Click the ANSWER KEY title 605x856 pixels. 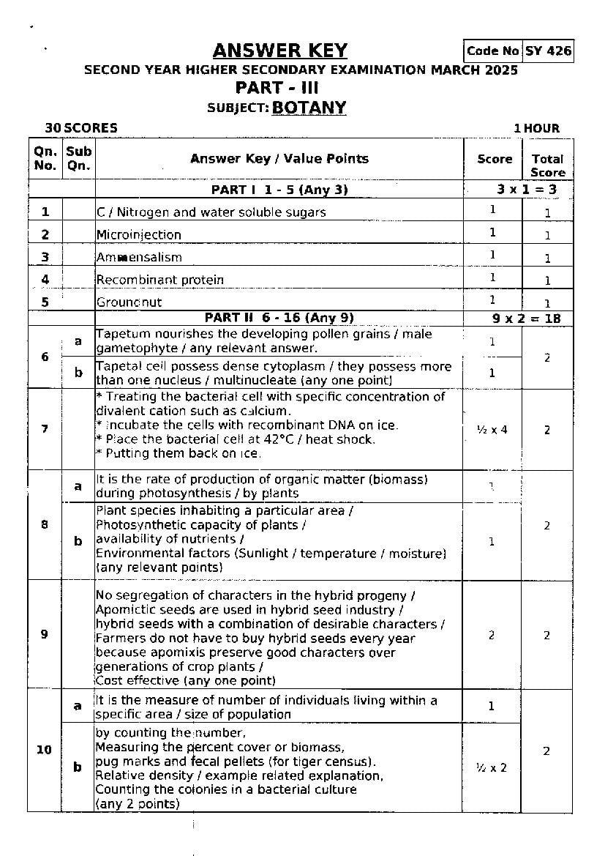(x=279, y=51)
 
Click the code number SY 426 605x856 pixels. (x=548, y=51)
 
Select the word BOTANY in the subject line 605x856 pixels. (x=309, y=108)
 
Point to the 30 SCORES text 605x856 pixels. (x=80, y=128)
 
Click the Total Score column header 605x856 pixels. (x=547, y=165)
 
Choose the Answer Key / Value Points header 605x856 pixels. (x=279, y=159)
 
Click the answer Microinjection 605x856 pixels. (x=139, y=235)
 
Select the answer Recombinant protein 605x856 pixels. (x=160, y=280)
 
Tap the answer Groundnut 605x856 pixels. (x=129, y=302)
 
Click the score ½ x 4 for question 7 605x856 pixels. (x=492, y=430)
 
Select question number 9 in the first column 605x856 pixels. (x=45, y=634)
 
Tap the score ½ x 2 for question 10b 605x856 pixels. (x=492, y=767)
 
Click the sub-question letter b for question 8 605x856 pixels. (x=78, y=541)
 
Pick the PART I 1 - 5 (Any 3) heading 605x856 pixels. (x=279, y=190)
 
